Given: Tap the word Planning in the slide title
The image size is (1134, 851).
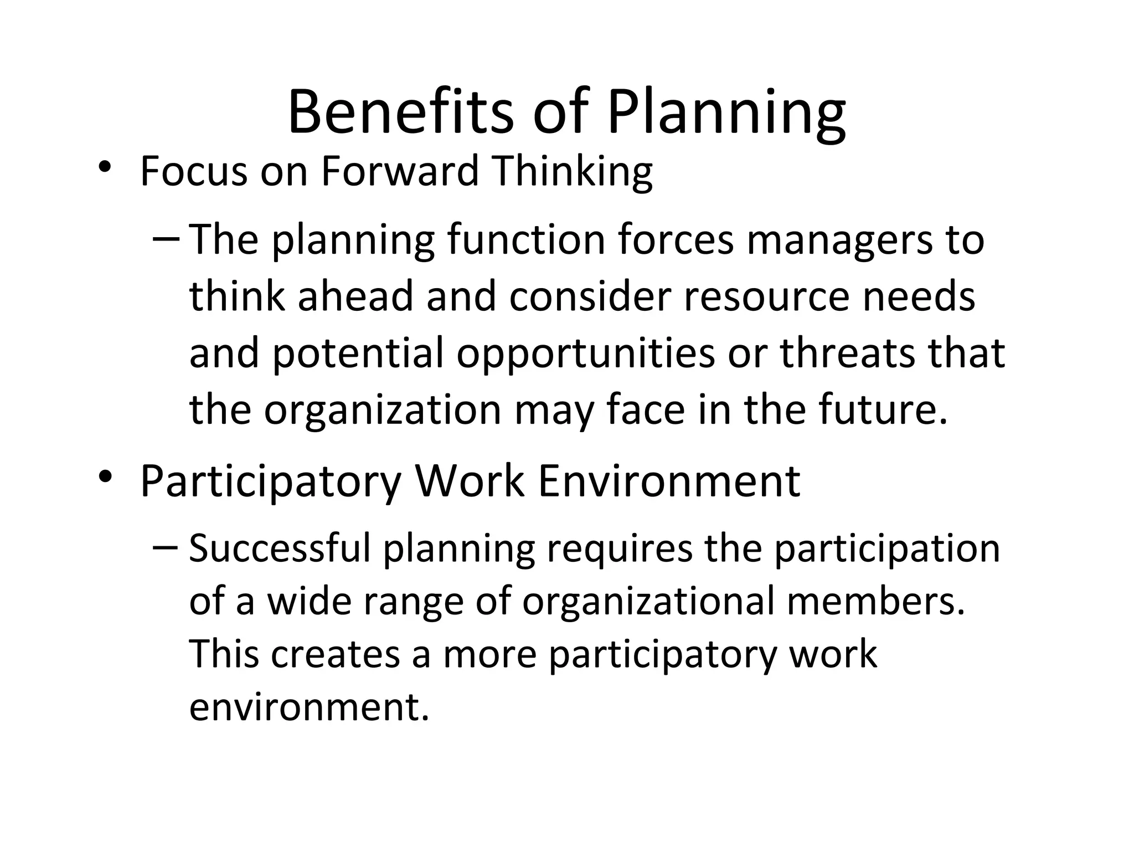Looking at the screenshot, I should [726, 114].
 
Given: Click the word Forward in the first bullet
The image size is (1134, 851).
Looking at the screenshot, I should [399, 171].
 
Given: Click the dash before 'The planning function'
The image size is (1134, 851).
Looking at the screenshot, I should [165, 239].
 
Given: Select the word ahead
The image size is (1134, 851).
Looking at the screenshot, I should [355, 295].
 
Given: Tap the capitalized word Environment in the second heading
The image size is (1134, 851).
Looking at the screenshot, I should [669, 480].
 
